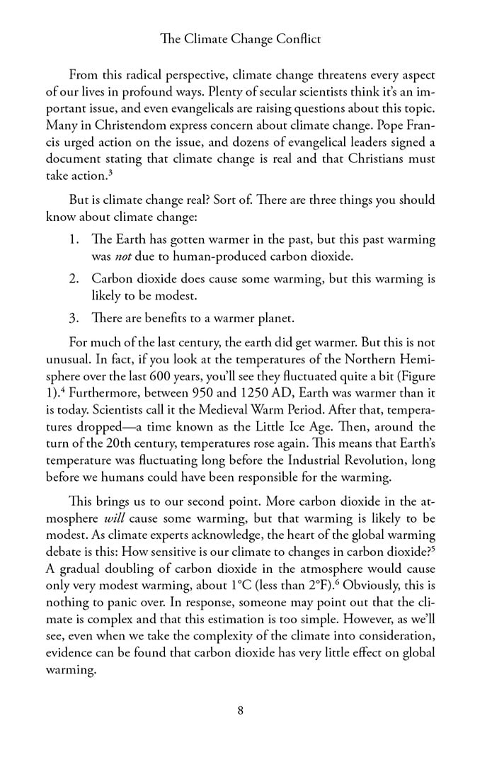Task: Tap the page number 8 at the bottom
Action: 241,711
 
